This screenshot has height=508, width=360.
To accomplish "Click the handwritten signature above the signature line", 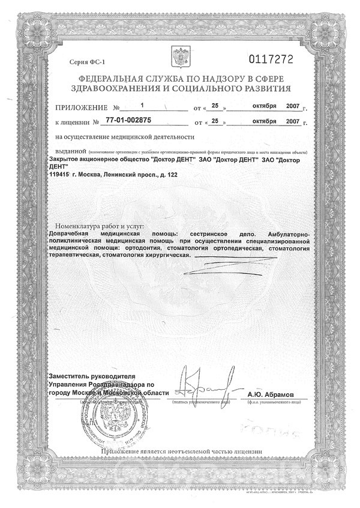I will pos(197,379).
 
